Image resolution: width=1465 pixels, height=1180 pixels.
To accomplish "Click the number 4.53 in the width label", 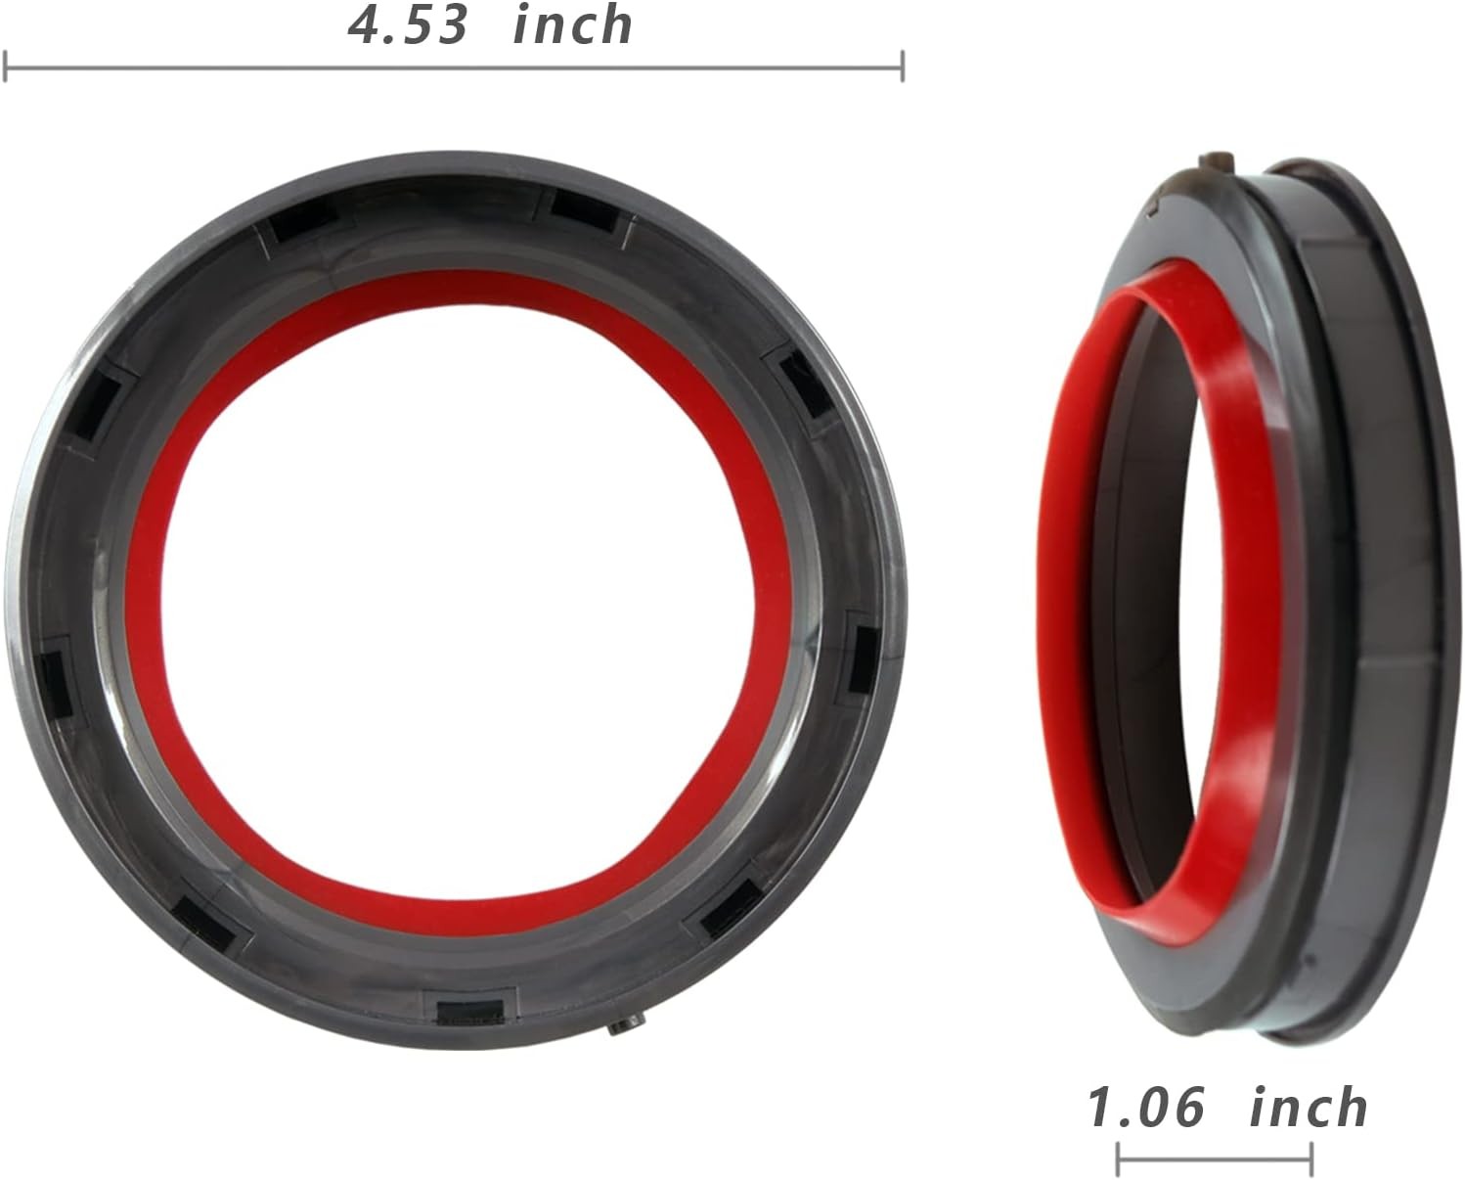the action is click(408, 25).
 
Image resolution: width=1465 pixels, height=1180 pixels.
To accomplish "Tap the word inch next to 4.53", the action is click(572, 24).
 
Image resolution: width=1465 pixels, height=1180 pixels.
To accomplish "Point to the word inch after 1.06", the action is click(1309, 1108).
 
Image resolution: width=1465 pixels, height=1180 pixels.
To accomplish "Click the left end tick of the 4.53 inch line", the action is click(6, 67).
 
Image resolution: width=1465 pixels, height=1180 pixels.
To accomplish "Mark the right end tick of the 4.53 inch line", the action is click(903, 67).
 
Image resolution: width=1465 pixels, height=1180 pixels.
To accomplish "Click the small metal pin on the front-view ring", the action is click(626, 1027).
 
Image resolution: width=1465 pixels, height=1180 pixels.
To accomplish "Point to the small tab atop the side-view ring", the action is click(1216, 163).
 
